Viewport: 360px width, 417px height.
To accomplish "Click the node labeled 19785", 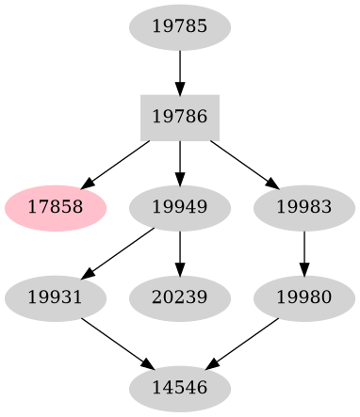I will (179, 26).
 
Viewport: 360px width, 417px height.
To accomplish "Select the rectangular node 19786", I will (179, 117).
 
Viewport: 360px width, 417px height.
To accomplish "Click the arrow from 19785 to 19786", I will (179, 71).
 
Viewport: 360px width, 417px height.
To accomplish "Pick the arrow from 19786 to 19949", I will (179, 161).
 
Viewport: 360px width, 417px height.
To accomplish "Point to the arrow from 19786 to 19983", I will (242, 163).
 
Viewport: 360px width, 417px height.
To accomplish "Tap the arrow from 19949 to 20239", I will (179, 251).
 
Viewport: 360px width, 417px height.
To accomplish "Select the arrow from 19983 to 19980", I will (303, 251).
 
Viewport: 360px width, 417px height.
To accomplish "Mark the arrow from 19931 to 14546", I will (116, 342).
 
